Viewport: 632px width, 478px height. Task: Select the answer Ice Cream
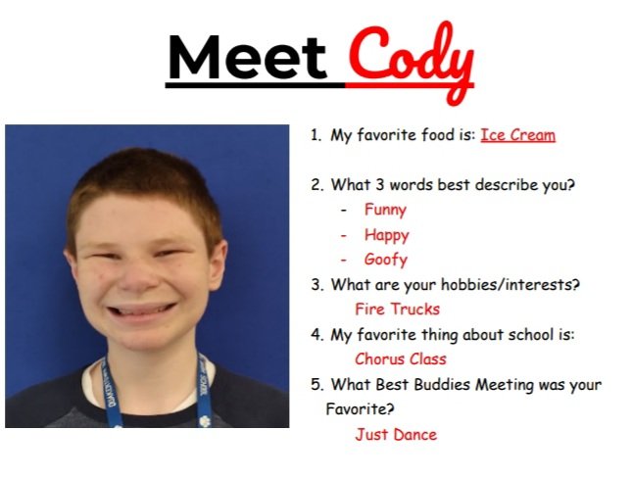[x=517, y=135]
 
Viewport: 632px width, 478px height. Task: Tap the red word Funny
[x=385, y=210]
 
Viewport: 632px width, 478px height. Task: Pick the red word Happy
[x=386, y=235]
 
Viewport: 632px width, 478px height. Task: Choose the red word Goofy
[x=385, y=261]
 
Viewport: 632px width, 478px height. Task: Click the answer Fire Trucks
[x=398, y=310]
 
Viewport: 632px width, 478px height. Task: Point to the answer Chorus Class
[x=401, y=359]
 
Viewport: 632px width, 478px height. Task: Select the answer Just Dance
[x=396, y=434]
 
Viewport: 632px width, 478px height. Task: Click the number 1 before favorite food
[x=316, y=135]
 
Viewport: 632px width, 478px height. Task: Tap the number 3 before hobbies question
[x=316, y=285]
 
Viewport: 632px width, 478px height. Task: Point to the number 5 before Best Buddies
[x=316, y=385]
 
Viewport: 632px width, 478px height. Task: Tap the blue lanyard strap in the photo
[x=110, y=397]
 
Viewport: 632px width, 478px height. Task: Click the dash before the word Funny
[x=344, y=211]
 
